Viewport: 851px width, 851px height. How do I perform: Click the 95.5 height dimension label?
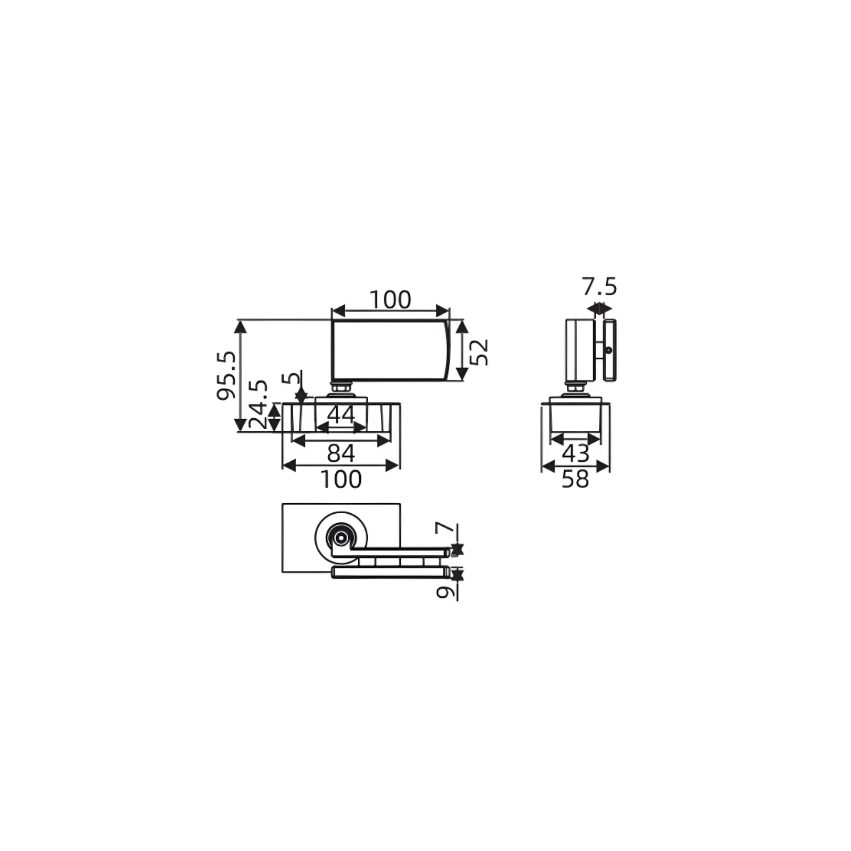(x=226, y=376)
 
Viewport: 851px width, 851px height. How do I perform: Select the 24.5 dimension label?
(x=258, y=404)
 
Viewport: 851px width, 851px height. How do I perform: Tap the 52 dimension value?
(x=479, y=352)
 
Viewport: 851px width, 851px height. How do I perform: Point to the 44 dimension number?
(x=341, y=415)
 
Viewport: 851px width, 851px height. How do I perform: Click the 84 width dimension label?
(x=341, y=453)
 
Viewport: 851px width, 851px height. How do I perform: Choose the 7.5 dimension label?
(x=599, y=287)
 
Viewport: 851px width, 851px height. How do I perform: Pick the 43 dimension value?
(x=576, y=453)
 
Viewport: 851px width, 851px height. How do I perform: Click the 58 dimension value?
(x=575, y=479)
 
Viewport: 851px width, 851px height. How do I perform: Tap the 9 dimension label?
(x=445, y=592)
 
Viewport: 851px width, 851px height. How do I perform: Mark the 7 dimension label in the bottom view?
(x=444, y=527)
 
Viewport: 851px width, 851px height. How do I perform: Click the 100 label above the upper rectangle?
(x=390, y=300)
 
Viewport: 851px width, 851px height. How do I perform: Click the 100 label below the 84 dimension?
(x=341, y=479)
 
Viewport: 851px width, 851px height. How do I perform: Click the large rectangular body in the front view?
(x=390, y=350)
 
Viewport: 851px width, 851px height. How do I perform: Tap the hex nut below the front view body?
(x=341, y=388)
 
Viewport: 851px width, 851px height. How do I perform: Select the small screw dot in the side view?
(x=609, y=350)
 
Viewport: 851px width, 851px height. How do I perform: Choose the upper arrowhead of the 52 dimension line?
(x=462, y=327)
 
